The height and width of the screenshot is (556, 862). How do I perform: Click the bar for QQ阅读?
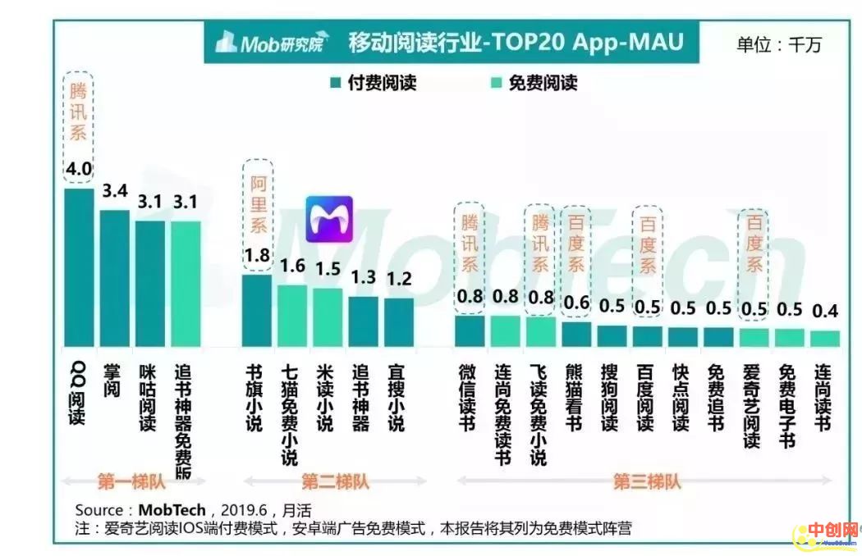[x=79, y=267]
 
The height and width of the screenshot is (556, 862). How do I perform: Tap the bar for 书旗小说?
[x=256, y=309]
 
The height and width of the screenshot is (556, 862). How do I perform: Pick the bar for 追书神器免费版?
[x=186, y=283]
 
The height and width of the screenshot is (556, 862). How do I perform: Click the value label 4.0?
[x=79, y=170]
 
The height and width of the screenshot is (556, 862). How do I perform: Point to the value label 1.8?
[x=256, y=255]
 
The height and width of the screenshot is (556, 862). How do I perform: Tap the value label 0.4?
[x=824, y=312]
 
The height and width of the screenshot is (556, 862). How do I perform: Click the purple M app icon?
[x=328, y=220]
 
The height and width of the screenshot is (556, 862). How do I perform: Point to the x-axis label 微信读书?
[x=468, y=397]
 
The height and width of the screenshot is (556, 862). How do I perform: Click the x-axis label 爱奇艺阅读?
[x=753, y=406]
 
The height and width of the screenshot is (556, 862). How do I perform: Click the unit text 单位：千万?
[x=777, y=44]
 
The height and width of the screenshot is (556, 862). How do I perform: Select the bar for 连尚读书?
[x=824, y=338]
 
